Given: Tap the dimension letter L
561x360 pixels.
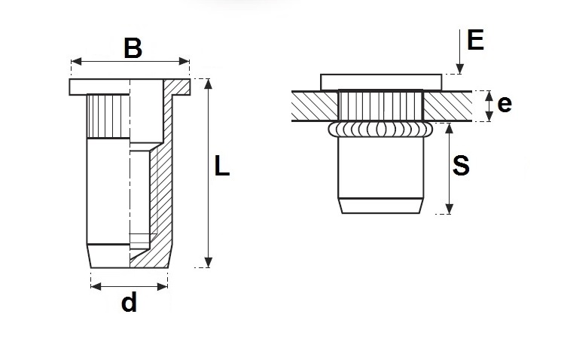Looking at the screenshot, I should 221,166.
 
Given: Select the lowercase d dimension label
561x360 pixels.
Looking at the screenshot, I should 129,303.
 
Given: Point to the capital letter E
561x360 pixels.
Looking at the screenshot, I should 475,39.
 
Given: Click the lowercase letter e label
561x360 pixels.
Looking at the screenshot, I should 505,104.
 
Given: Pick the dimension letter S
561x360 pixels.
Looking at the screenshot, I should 460,166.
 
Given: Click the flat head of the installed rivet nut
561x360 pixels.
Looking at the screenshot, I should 380,81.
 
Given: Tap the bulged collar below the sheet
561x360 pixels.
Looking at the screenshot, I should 380,130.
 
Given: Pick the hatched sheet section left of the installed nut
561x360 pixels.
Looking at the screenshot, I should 313,105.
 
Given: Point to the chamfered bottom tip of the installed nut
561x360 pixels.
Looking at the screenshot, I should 380,205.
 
